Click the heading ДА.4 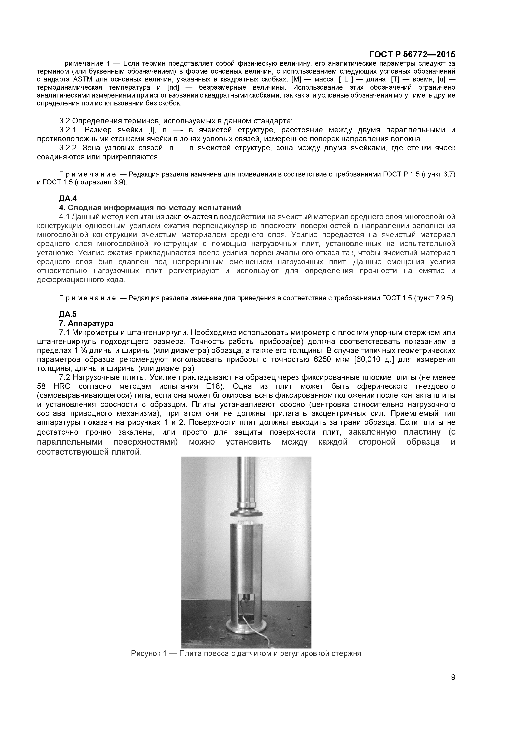[x=68, y=199]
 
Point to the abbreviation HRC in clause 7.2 [x=61, y=387]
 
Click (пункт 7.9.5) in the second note [x=434, y=298]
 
